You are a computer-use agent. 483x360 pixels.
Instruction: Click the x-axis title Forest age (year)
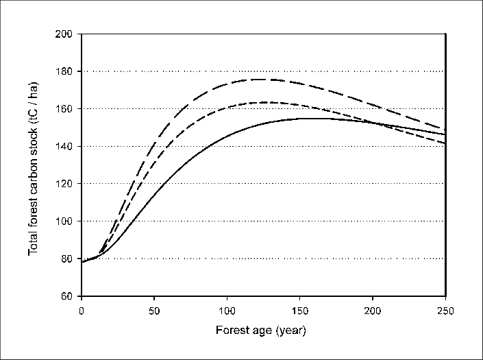(x=263, y=330)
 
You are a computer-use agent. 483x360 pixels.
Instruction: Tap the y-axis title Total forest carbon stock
(x=33, y=165)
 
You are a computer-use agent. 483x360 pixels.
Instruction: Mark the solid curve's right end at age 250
(x=445, y=134)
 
